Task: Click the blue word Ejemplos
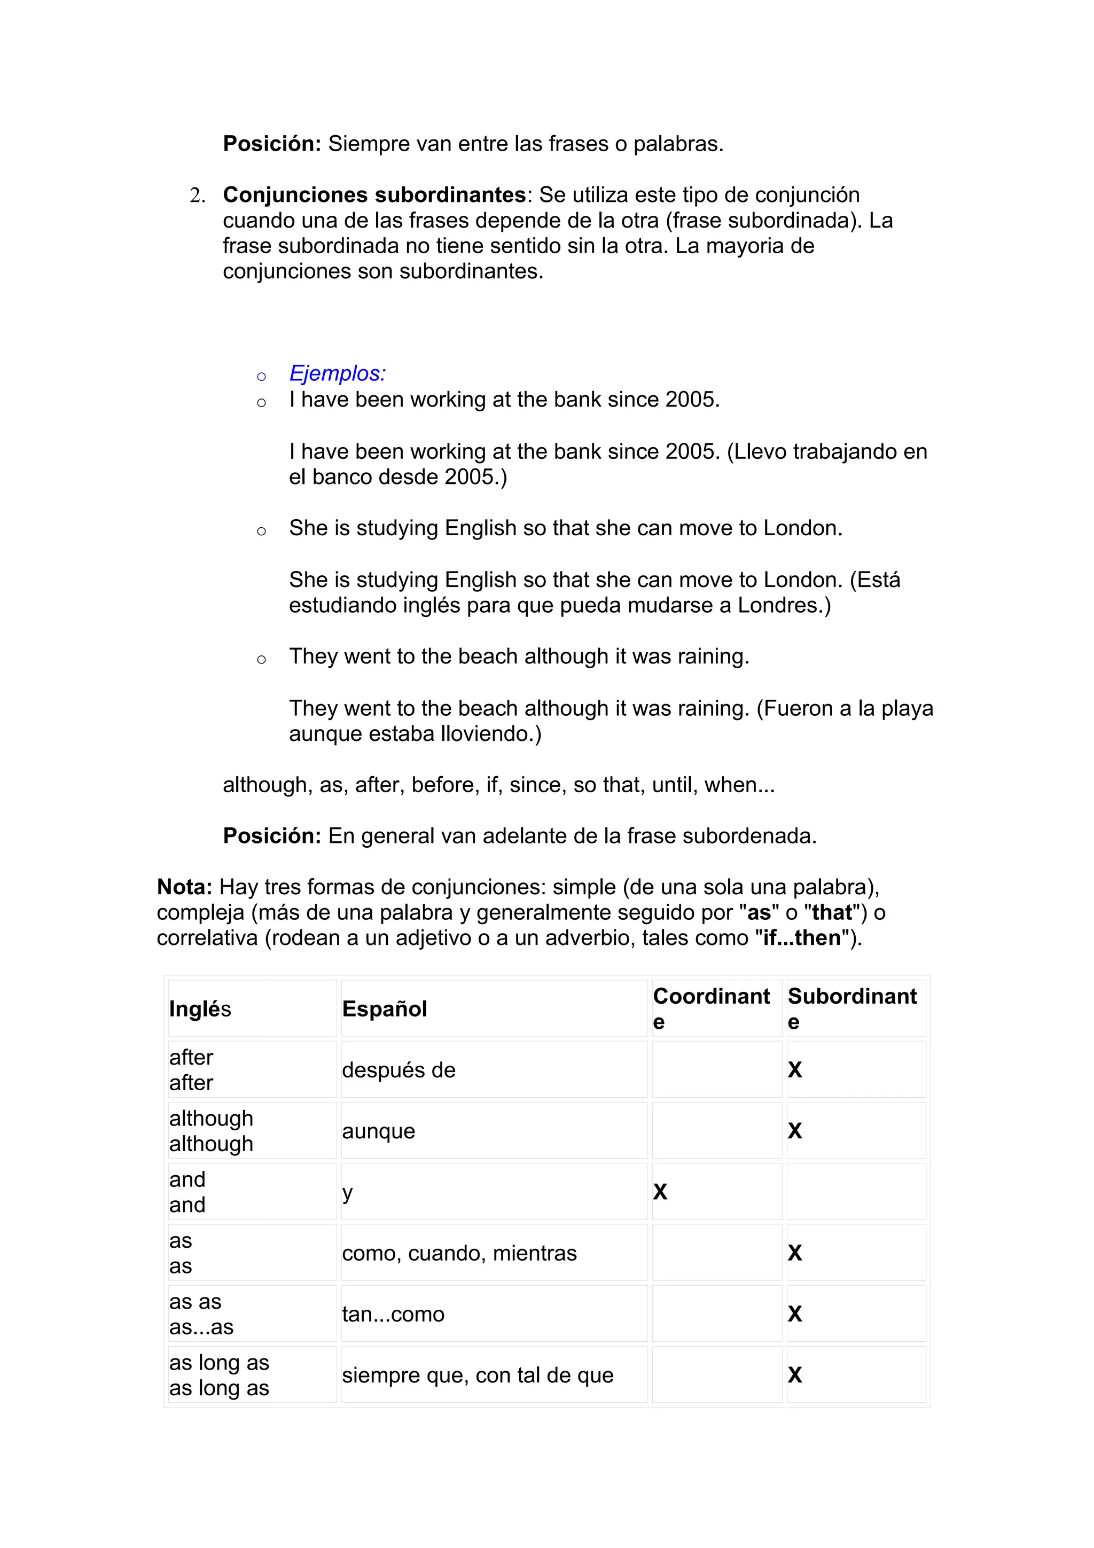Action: tap(337, 373)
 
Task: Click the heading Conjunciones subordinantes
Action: tap(374, 195)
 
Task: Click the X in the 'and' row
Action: tap(660, 1192)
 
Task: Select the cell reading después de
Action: tap(398, 1070)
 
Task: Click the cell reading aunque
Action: tap(378, 1131)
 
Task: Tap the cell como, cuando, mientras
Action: tap(459, 1253)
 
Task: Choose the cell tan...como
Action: tap(393, 1314)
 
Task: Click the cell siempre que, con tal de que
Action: tap(477, 1375)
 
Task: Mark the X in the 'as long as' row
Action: tap(795, 1375)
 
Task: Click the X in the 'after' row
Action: tap(795, 1070)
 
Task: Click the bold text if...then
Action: tap(801, 938)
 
